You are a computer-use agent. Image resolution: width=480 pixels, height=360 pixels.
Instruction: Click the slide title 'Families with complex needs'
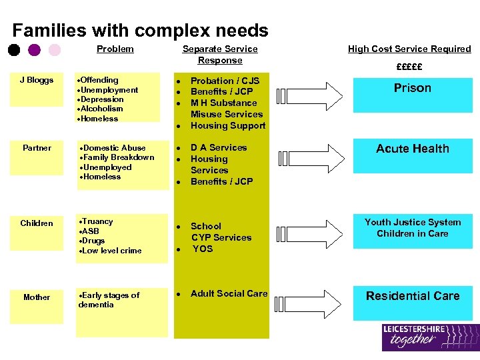(140, 31)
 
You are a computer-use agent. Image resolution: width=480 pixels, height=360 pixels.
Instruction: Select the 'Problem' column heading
(115, 49)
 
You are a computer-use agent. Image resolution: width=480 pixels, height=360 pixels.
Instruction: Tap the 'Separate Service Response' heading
(220, 55)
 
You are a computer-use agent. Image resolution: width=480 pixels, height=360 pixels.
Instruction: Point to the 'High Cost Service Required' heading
(409, 49)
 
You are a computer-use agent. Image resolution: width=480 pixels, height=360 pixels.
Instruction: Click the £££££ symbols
(409, 67)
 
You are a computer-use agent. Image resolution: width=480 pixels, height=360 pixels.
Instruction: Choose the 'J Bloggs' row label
(37, 81)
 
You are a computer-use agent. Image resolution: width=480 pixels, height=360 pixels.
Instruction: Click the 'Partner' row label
(37, 148)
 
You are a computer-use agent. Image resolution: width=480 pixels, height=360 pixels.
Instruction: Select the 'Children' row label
(37, 223)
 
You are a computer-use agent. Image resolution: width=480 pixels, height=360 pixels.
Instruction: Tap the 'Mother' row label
(37, 297)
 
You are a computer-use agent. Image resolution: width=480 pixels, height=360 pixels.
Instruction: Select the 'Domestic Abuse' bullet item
(113, 148)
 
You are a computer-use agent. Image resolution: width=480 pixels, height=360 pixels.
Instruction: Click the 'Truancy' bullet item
(97, 221)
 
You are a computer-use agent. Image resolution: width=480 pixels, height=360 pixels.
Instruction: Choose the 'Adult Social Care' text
(229, 293)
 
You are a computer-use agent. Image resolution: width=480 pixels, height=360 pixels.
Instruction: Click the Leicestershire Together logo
(430, 337)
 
